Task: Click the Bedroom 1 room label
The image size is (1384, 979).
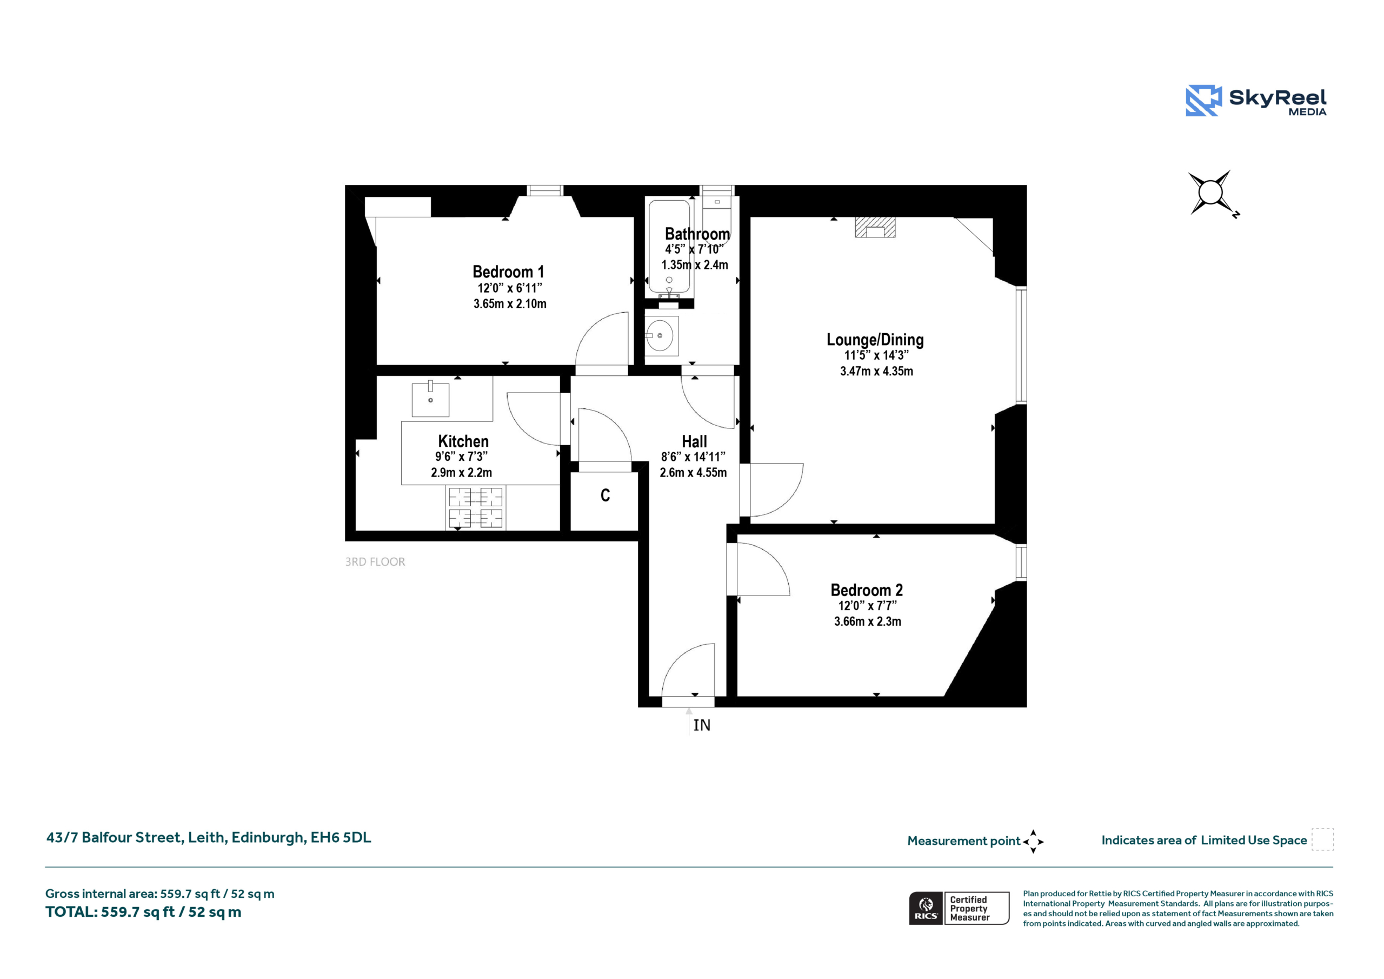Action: pyautogui.click(x=508, y=272)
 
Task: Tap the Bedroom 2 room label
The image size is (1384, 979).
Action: pyautogui.click(x=867, y=590)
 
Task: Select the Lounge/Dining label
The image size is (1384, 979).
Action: pyautogui.click(x=875, y=340)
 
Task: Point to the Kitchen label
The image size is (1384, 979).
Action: pyautogui.click(x=463, y=441)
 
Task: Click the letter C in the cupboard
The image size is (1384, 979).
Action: pyautogui.click(x=605, y=495)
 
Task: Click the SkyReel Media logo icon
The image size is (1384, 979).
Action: pyautogui.click(x=1204, y=100)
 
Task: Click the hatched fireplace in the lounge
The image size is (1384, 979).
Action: pyautogui.click(x=875, y=227)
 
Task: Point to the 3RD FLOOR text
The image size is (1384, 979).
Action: pyautogui.click(x=375, y=561)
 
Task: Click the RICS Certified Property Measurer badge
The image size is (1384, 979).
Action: pyautogui.click(x=959, y=908)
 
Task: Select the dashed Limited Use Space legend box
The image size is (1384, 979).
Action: pyautogui.click(x=1322, y=839)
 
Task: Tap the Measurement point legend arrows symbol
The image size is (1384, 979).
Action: pyautogui.click(x=1033, y=842)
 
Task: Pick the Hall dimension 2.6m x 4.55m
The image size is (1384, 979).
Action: pyautogui.click(x=693, y=472)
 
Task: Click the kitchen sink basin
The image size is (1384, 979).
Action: pyautogui.click(x=430, y=399)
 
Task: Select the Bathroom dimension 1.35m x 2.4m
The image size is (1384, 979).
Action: pyautogui.click(x=694, y=265)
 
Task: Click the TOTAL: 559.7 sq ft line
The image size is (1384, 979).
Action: pyautogui.click(x=143, y=912)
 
